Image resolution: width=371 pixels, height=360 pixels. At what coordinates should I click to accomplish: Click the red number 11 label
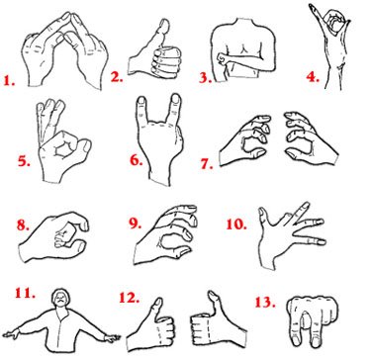(x=20, y=294)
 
